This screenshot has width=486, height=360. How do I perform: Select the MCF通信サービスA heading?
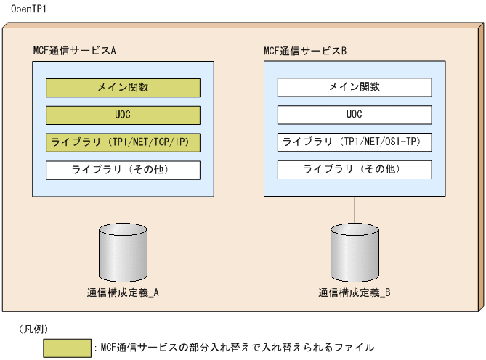tap(75, 51)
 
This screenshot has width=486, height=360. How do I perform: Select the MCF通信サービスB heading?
tap(305, 51)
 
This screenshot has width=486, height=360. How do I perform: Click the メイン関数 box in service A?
tap(123, 88)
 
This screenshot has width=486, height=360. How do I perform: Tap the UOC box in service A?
tap(123, 115)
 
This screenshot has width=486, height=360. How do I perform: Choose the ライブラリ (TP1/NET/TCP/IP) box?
tap(123, 142)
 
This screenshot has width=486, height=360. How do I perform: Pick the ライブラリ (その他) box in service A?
tap(123, 170)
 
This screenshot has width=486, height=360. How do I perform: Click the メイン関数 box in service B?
tap(354, 88)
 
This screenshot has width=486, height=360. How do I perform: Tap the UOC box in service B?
tap(354, 115)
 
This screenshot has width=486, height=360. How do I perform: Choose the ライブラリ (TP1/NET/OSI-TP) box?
tap(354, 142)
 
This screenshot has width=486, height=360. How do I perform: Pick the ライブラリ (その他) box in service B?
tap(354, 170)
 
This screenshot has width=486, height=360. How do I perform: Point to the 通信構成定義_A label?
tap(123, 293)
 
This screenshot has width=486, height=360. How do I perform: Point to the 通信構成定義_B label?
tap(355, 293)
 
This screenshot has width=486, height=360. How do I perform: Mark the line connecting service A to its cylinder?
tap(123, 210)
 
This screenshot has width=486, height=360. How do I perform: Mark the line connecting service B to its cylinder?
tap(354, 210)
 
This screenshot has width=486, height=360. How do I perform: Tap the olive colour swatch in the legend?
tap(67, 348)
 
